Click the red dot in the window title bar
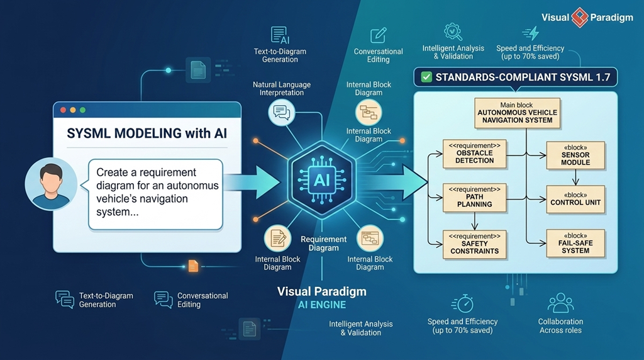coord(63,110)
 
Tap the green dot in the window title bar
coord(83,110)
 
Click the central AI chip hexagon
coord(321,180)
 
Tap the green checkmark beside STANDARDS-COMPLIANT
coord(426,77)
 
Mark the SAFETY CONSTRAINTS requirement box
coord(475,244)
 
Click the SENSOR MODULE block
coord(575,154)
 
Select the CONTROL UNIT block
coord(575,199)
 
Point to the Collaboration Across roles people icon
coord(560,303)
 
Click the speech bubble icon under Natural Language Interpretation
coord(281,113)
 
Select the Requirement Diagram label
coord(324,244)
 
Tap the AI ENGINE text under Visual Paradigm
coord(321,305)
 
